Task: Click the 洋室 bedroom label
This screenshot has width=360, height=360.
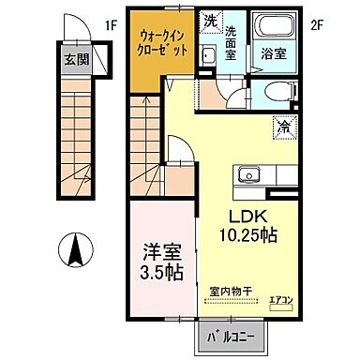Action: (162, 252)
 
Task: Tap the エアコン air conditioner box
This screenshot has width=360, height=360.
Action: (281, 302)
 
